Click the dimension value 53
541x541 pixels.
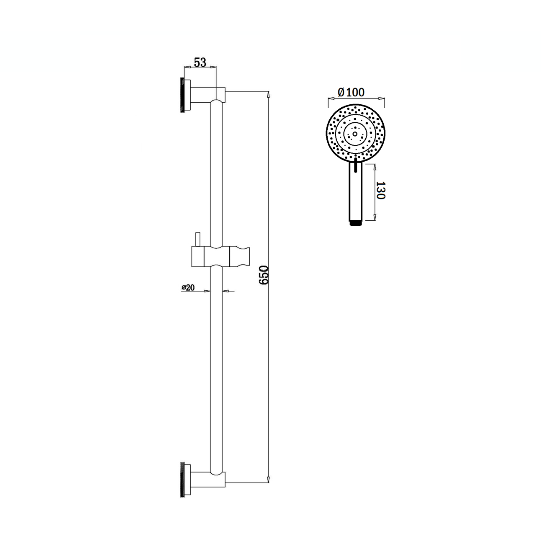(200, 62)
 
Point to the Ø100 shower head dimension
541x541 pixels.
(351, 92)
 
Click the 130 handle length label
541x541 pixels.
(380, 191)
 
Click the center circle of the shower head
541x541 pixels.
(355, 134)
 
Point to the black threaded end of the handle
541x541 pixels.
(355, 224)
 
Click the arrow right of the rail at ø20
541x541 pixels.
(225, 290)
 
